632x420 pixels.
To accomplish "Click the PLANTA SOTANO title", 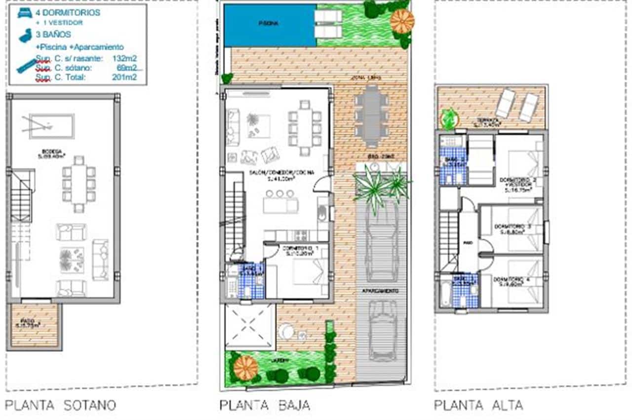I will coord(60,406).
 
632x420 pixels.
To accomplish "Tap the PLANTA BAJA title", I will coord(265,406).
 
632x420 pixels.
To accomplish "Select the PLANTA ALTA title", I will coord(478,406).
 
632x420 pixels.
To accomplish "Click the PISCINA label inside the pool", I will coord(270,23).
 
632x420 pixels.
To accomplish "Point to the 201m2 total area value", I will coord(124,77).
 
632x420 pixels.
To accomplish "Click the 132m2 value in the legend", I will coord(124,58).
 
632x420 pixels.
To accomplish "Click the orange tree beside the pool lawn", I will coord(402,21).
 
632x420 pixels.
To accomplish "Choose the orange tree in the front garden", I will coord(245,367).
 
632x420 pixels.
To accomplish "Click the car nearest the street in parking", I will coord(382,332).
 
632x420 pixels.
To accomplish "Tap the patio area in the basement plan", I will coord(35,326).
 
